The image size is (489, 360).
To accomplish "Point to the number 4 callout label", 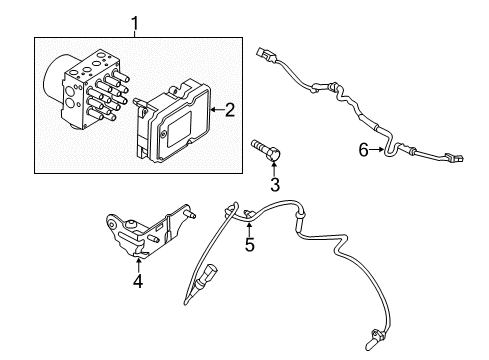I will tap(138, 281).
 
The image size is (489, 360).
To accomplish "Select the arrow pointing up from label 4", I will tap(138, 265).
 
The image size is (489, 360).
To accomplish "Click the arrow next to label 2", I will tap(216, 111).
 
